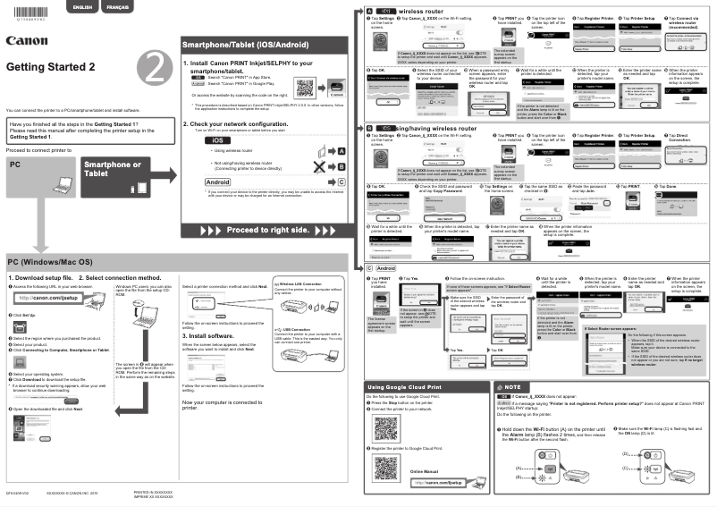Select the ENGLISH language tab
point(81,7)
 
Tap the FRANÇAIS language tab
point(117,7)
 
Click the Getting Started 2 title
point(50,68)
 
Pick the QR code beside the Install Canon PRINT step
point(305,88)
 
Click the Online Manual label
point(425,469)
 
